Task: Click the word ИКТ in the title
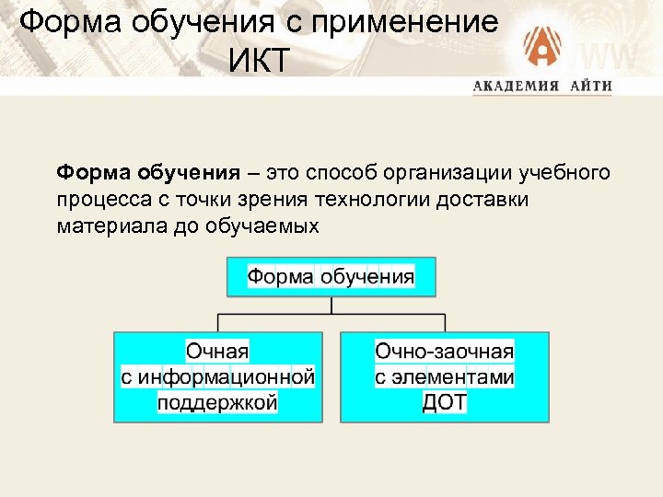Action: [259, 62]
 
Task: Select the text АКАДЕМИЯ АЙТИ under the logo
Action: [542, 87]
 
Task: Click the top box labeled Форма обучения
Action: [331, 277]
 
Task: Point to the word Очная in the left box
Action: [218, 351]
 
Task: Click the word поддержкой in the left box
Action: [218, 402]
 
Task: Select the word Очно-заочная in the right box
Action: [445, 351]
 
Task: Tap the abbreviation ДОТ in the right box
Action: [445, 402]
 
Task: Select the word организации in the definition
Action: [441, 172]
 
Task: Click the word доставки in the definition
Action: [491, 199]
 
